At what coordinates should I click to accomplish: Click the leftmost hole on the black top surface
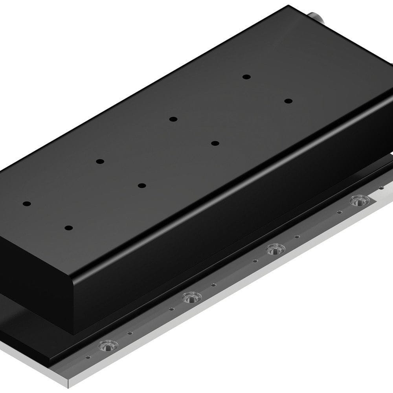tap(27, 204)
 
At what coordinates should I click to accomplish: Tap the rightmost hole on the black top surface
tap(288, 101)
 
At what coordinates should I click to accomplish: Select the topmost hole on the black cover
tap(246, 77)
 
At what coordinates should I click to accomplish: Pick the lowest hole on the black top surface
tap(69, 228)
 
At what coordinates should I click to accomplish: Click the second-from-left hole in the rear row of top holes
tap(100, 161)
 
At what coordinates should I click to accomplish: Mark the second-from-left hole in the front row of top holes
tap(142, 185)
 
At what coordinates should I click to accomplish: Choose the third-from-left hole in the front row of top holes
tap(215, 143)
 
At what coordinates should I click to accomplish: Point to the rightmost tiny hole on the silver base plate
tap(381, 188)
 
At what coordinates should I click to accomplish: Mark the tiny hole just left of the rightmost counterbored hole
tap(339, 212)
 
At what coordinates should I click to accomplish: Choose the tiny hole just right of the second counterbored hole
tap(213, 285)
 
